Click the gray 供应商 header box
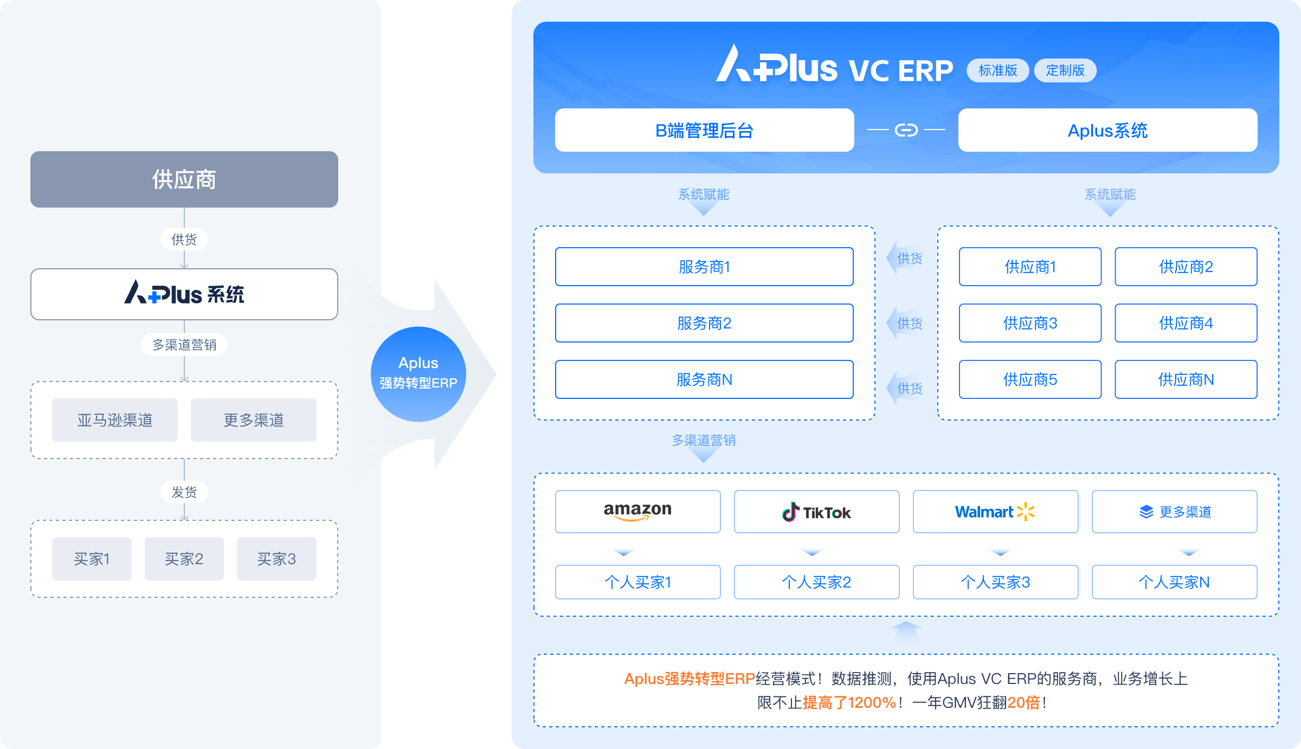[184, 179]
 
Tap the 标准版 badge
[997, 70]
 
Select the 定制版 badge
[1065, 70]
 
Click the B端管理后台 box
[704, 130]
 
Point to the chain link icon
[906, 130]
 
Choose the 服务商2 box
[704, 323]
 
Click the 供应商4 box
[1186, 323]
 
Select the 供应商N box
[1186, 379]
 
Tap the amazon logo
[637, 511]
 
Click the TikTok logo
[816, 512]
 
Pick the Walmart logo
[995, 512]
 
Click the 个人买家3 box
[995, 582]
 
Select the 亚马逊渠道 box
[115, 420]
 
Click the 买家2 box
[184, 559]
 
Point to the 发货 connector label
[184, 492]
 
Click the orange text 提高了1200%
[849, 702]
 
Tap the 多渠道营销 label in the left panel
[184, 345]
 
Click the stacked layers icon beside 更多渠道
[1146, 512]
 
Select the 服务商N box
[704, 379]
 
